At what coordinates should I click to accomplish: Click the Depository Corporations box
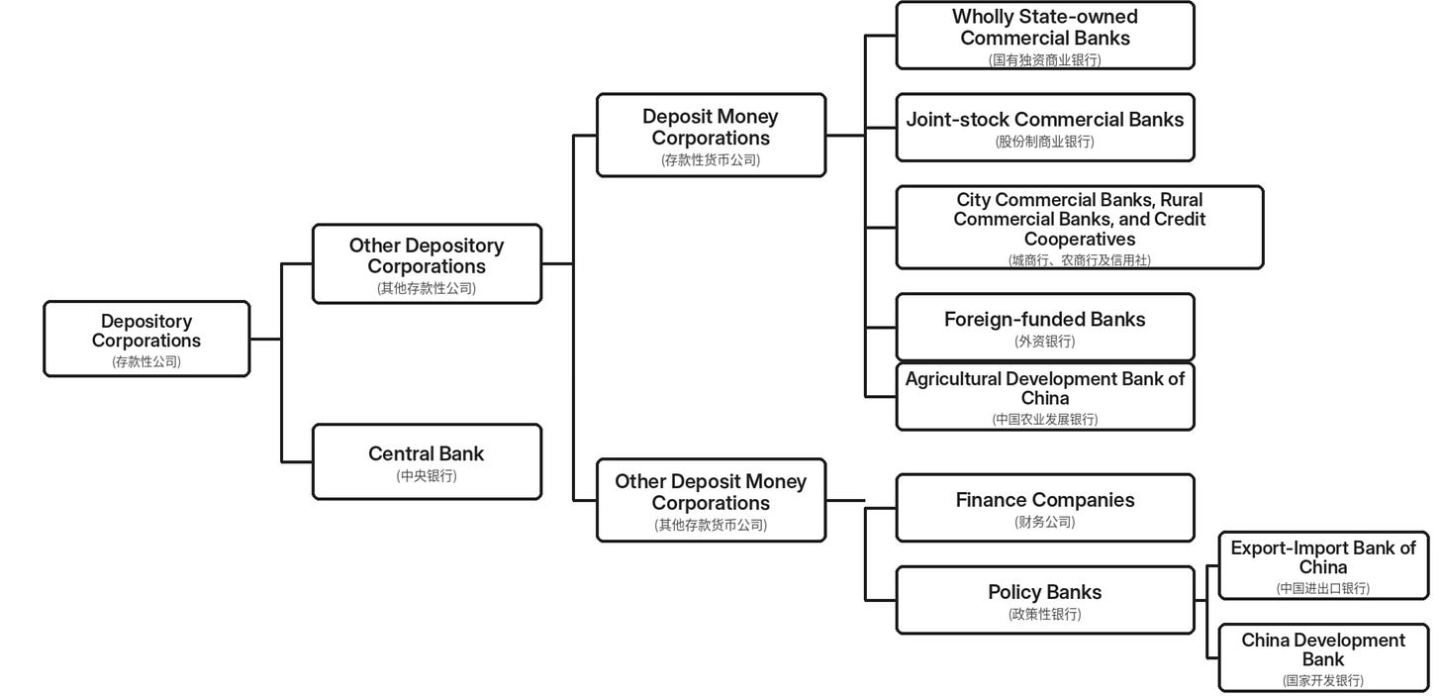[x=146, y=339]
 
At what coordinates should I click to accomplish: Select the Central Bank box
[x=428, y=462]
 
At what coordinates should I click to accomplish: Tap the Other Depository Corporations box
[x=428, y=263]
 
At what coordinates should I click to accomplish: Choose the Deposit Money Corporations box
[x=711, y=135]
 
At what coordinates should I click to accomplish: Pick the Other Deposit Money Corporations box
[x=711, y=500]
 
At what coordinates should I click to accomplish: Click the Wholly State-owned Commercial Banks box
[x=1045, y=36]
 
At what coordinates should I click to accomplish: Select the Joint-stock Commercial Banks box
[x=1045, y=128]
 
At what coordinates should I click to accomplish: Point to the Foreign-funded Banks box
[x=1045, y=328]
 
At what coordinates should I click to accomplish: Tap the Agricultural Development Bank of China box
[x=1045, y=397]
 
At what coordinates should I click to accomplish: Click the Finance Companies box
[x=1045, y=508]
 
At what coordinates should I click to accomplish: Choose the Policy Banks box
[x=1045, y=600]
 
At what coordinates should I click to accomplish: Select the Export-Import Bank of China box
[x=1324, y=566]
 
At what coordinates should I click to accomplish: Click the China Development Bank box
[x=1324, y=658]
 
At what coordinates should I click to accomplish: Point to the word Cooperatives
[x=1080, y=240]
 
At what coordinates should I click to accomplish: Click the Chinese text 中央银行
[x=427, y=476]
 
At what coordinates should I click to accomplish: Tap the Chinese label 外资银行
[x=1045, y=342]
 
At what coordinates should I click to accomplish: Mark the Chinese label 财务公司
[x=1045, y=523]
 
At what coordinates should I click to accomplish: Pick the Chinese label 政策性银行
[x=1045, y=614]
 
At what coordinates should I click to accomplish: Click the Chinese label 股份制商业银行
[x=1045, y=142]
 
